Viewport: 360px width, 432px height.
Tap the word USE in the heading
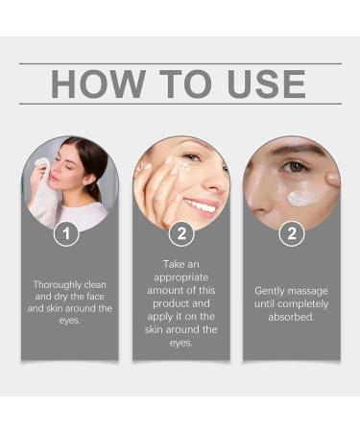click(266, 84)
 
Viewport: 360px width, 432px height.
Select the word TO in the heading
click(185, 84)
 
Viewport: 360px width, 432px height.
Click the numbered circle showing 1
click(66, 233)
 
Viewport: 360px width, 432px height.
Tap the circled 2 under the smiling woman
click(181, 233)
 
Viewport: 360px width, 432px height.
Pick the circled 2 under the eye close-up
click(292, 233)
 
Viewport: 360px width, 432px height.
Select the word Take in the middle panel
click(173, 264)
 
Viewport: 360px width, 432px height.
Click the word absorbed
click(291, 317)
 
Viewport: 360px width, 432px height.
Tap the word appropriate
click(181, 277)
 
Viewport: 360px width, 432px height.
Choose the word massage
click(309, 291)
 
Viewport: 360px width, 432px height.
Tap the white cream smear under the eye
click(302, 196)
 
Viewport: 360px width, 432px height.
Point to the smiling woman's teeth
click(201, 206)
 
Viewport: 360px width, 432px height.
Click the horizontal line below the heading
click(180, 104)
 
